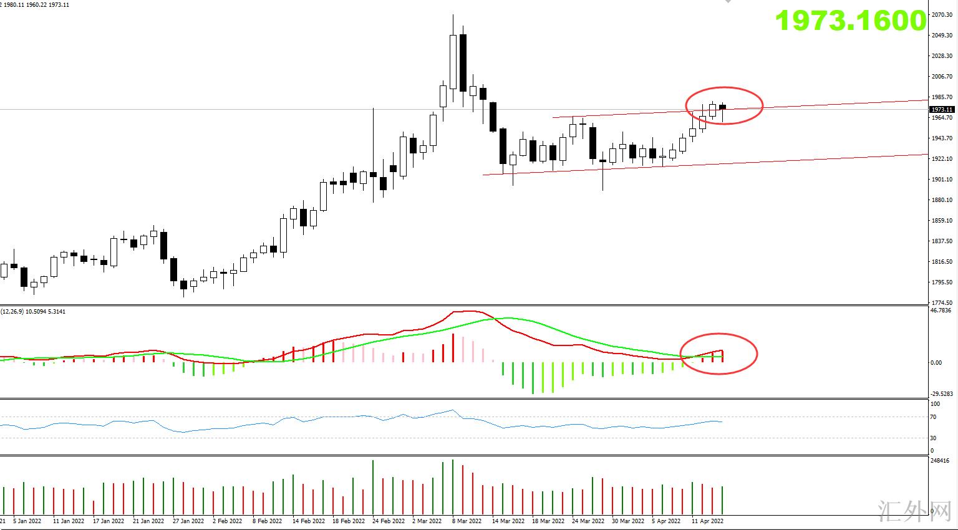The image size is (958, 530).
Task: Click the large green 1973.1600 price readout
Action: click(x=851, y=21)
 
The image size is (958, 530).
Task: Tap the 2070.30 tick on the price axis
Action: click(x=942, y=14)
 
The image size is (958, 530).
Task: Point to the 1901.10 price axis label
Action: click(x=942, y=180)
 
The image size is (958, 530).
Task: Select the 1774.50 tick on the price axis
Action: click(x=942, y=303)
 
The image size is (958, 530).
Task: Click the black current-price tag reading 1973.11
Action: click(x=942, y=110)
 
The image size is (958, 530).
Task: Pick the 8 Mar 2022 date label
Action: click(x=467, y=521)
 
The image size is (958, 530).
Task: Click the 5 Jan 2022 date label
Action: click(x=27, y=521)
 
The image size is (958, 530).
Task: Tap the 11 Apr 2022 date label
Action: click(x=708, y=521)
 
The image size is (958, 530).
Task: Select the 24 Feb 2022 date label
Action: click(x=389, y=521)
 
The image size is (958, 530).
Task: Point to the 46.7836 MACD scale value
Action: click(x=941, y=310)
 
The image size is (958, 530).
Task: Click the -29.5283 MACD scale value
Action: click(x=941, y=393)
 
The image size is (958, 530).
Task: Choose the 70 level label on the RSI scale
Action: click(x=933, y=417)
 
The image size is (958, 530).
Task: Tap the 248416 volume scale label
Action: click(x=940, y=461)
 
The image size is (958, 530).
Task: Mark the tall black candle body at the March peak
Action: click(x=463, y=62)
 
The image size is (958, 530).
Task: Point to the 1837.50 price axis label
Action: click(x=942, y=241)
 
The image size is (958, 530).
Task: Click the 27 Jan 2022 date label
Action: click(x=188, y=521)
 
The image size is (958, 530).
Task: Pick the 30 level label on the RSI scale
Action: click(x=933, y=438)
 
